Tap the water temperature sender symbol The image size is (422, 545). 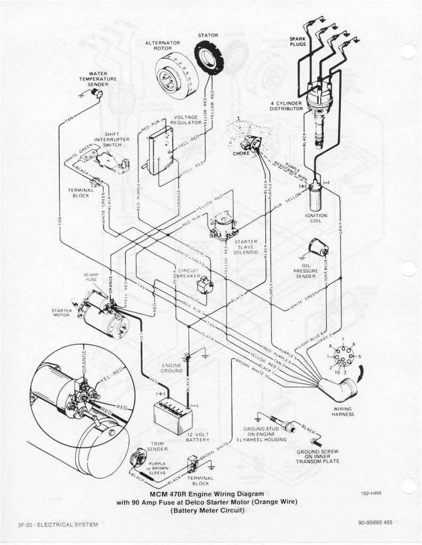coord(98,93)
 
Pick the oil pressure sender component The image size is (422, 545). coord(319,247)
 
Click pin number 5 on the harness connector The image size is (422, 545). coord(359,356)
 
